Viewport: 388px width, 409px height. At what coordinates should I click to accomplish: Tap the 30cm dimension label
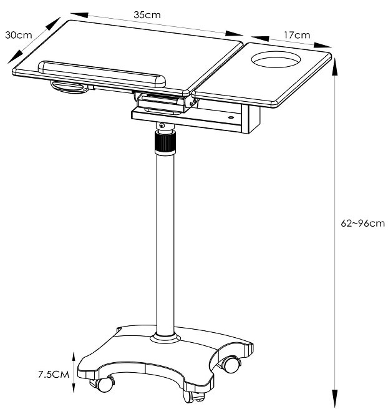tap(18, 35)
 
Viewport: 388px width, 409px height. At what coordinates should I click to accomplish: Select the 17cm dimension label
tap(297, 35)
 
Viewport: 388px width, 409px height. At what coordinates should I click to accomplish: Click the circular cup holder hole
tap(274, 61)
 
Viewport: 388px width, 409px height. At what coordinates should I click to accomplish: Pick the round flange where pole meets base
tap(165, 338)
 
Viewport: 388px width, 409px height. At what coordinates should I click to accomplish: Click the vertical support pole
tap(165, 244)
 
